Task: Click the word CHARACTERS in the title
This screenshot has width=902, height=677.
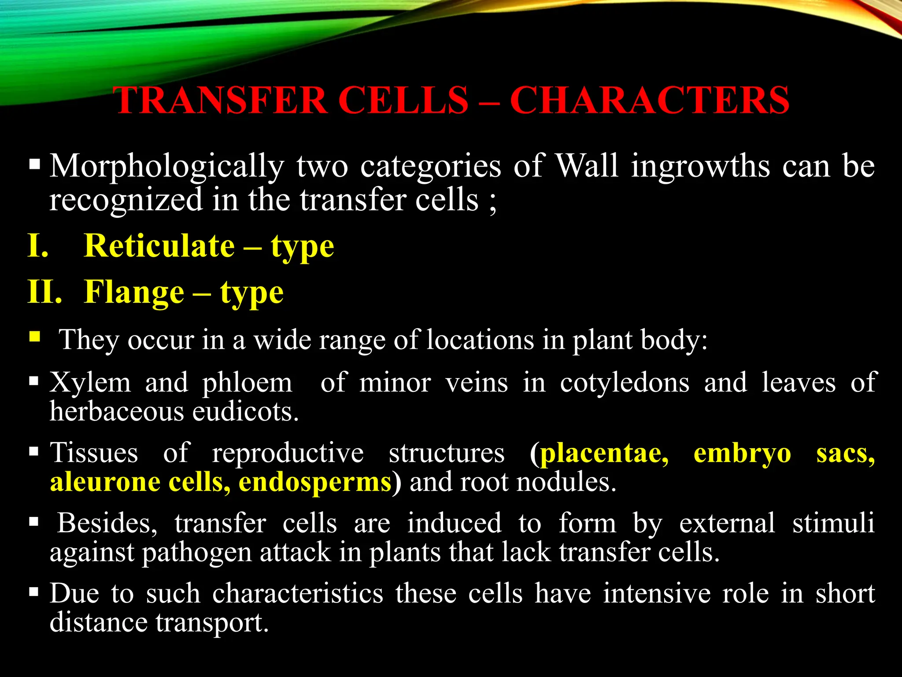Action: click(650, 100)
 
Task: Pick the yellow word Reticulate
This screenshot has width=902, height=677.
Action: click(159, 246)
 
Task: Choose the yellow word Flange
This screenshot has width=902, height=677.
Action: click(134, 292)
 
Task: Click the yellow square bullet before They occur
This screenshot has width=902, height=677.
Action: click(35, 338)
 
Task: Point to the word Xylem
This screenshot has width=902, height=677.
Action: click(90, 383)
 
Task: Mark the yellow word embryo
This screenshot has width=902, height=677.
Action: click(742, 453)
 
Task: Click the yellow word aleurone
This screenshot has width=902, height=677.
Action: click(105, 482)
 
